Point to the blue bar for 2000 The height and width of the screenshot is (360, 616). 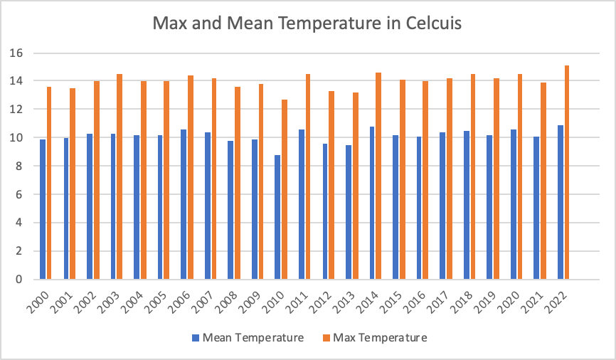(43, 209)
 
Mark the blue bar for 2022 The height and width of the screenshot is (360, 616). (560, 202)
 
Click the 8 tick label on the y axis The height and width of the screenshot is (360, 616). (21, 166)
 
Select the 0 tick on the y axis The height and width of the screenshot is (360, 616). (21, 280)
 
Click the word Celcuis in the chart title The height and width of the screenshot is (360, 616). (426, 23)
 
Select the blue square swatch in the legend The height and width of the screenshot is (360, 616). (196, 338)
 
